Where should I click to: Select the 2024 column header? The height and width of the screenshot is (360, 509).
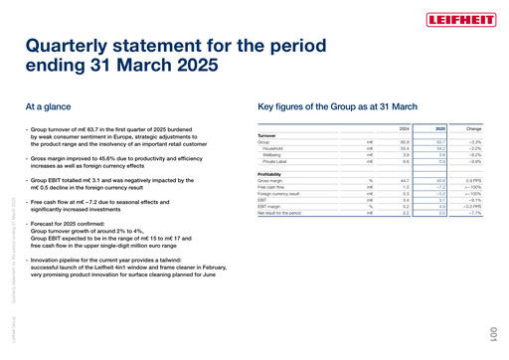point(404,127)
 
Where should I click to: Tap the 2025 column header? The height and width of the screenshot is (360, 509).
point(440,127)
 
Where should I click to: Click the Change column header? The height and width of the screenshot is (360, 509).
point(474,127)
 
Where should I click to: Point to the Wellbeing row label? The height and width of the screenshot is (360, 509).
point(273,155)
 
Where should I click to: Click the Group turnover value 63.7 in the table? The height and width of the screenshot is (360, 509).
point(439,141)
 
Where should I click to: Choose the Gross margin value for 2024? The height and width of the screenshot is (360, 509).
point(404,179)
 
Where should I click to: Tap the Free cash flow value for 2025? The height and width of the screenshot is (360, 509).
point(439,186)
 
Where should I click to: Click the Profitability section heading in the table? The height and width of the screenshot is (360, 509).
point(269,172)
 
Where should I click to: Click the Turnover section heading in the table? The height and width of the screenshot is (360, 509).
point(266,134)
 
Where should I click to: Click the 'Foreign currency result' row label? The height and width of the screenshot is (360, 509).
point(280,193)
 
